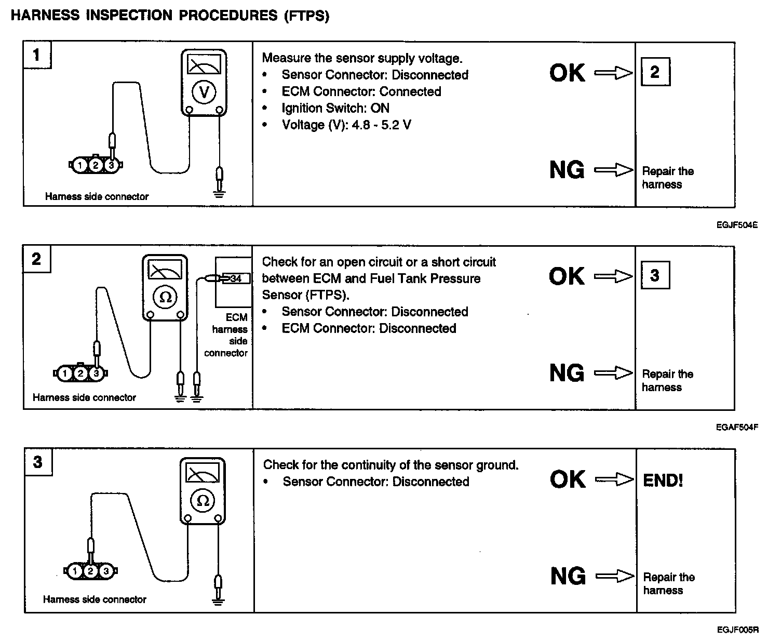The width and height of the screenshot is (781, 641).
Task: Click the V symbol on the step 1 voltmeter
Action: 204,92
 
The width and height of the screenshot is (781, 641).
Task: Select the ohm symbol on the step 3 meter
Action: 203,500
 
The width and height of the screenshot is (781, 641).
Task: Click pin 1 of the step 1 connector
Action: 79,165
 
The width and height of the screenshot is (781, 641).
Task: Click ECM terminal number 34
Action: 236,279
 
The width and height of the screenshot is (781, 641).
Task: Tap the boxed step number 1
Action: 36,55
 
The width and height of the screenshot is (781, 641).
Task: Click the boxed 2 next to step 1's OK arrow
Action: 655,72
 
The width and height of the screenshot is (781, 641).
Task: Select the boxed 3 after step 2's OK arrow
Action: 655,275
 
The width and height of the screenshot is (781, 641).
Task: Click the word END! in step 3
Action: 663,480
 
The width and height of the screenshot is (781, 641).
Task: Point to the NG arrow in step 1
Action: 614,170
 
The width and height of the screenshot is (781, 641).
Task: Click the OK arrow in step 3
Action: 614,479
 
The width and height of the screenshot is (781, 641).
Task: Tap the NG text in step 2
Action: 567,373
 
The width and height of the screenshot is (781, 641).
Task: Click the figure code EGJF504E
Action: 737,225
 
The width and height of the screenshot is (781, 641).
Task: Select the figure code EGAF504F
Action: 737,428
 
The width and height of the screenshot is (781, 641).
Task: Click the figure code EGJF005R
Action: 738,630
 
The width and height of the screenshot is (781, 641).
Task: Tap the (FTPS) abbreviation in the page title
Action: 306,16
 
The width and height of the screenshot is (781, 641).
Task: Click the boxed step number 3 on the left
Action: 37,462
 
